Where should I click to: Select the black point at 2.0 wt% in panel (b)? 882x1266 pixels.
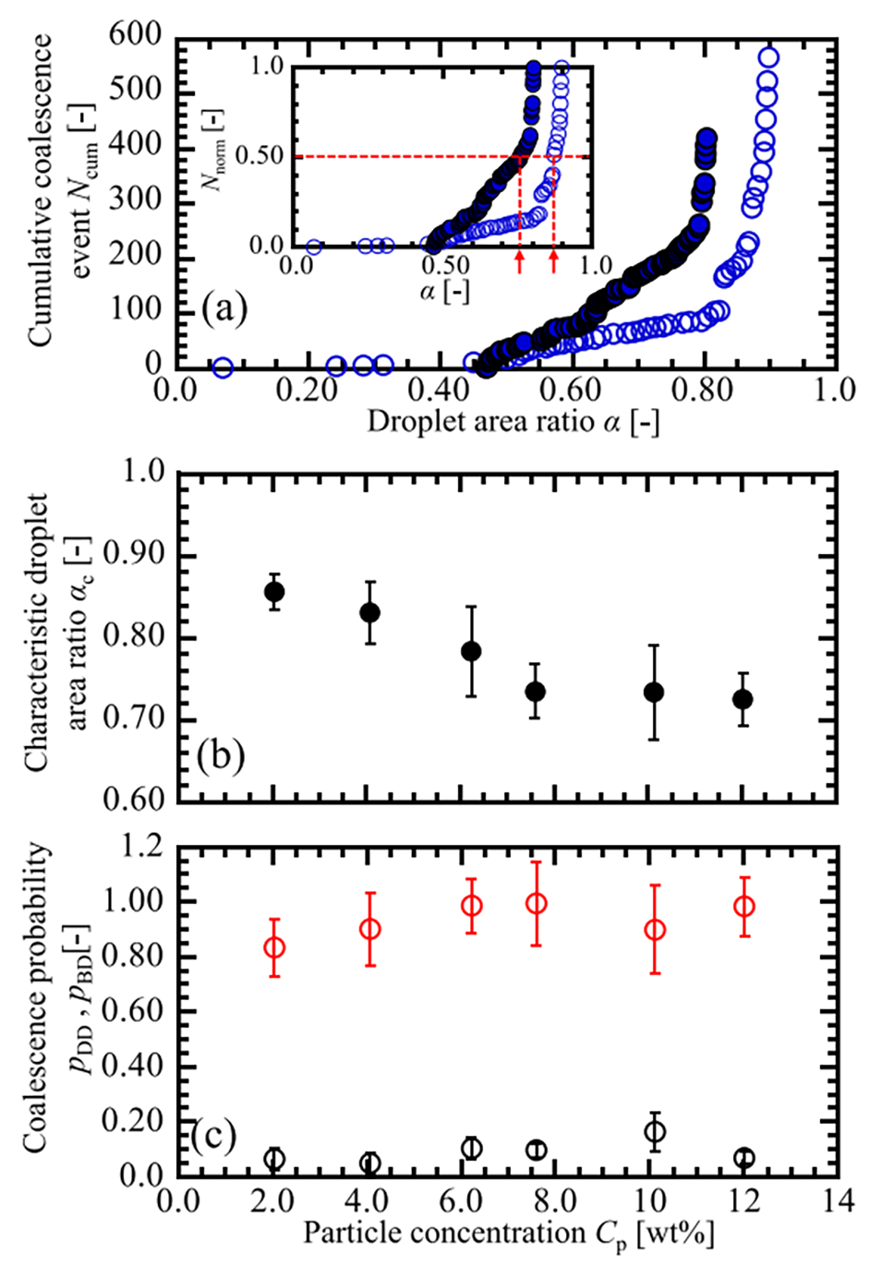pyautogui.click(x=274, y=592)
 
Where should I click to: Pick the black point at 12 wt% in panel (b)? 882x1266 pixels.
pyautogui.click(x=743, y=699)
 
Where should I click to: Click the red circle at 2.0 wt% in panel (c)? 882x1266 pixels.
pyautogui.click(x=274, y=947)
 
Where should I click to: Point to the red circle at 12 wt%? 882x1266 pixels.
pyautogui.click(x=743, y=907)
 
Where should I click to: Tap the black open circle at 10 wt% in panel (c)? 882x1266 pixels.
pyautogui.click(x=655, y=1131)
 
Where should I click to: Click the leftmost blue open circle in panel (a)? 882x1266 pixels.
pyautogui.click(x=223, y=368)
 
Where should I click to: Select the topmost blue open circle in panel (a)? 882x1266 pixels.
pyautogui.click(x=767, y=58)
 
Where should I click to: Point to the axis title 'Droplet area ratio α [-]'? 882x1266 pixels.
pyautogui.click(x=513, y=421)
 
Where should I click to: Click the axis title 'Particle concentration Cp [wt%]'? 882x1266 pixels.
pyautogui.click(x=509, y=1235)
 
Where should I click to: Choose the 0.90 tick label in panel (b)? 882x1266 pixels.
pyautogui.click(x=133, y=554)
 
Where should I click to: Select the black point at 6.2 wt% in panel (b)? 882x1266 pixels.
pyautogui.click(x=471, y=651)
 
